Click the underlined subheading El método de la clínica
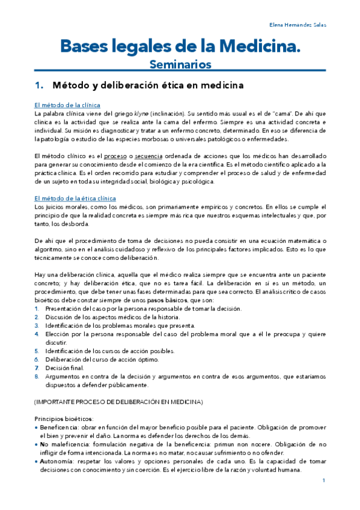[67, 105]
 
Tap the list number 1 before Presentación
[37, 309]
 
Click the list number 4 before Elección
[37, 334]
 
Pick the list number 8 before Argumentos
[37, 376]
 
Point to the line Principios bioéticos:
[63, 418]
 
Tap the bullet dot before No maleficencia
[37, 444]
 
